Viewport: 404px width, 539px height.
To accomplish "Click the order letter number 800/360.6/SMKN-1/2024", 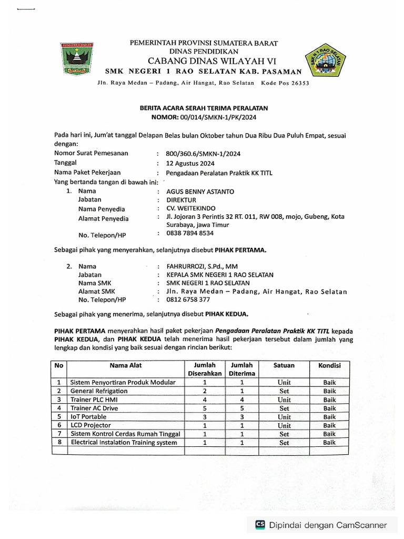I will pyautogui.click(x=204, y=153).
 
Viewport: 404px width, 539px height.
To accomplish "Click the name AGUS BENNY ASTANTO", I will pyautogui.click(x=200, y=192).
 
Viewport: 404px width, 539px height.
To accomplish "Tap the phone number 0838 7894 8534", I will pyautogui.click(x=190, y=233).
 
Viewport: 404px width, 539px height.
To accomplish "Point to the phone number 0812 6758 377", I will pyautogui.click(x=188, y=300).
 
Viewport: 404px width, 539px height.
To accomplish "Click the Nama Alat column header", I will pyautogui.click(x=126, y=365).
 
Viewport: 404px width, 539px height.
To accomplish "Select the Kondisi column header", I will pyautogui.click(x=329, y=365).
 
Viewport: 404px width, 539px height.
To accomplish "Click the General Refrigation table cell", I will pyautogui.click(x=99, y=391).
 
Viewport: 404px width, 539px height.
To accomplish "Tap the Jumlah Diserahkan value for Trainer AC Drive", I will pyautogui.click(x=205, y=408).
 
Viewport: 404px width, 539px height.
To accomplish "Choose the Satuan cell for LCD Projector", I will pyautogui.click(x=284, y=425).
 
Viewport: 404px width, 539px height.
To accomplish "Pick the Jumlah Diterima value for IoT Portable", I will pyautogui.click(x=241, y=416).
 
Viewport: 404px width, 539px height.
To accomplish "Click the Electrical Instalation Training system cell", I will pyautogui.click(x=124, y=443).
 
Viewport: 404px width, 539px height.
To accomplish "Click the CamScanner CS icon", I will pyautogui.click(x=260, y=524).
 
